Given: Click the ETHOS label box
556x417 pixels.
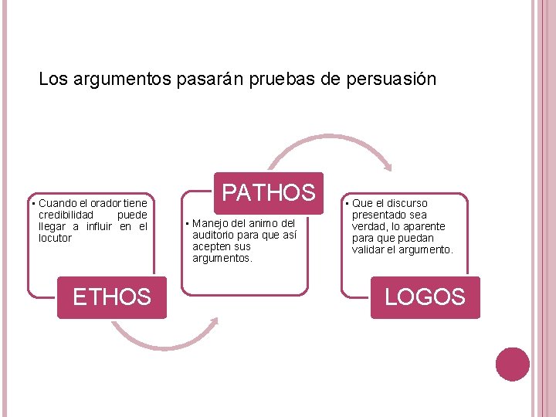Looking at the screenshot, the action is click(x=111, y=297).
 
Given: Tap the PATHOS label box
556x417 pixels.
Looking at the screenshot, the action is click(x=269, y=192).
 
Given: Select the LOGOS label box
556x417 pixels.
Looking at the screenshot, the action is click(x=425, y=297).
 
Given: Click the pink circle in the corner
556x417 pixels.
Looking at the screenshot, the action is click(x=513, y=364).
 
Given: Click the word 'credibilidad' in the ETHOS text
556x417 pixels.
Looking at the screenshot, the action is click(x=66, y=215).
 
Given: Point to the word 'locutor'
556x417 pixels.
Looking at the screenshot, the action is click(x=55, y=238).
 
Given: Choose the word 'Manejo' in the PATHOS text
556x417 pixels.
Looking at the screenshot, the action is click(x=211, y=223).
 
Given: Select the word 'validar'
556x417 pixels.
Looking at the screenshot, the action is click(x=370, y=249).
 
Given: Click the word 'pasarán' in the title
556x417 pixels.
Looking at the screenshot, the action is click(x=208, y=79).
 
